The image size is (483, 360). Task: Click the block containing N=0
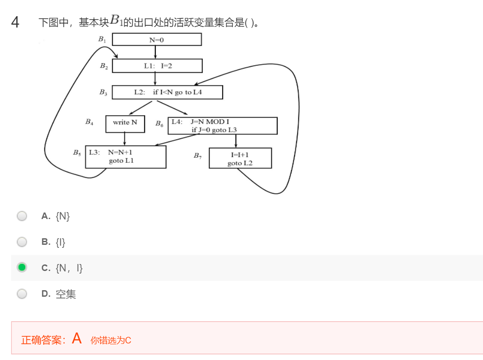157,40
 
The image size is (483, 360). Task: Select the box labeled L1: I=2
157,66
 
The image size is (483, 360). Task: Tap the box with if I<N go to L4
167,93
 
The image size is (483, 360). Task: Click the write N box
125,123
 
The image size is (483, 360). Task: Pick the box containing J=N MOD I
223,126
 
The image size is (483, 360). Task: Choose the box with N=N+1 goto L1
126,157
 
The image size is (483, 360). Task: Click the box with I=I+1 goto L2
240,158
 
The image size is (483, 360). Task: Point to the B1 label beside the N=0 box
102,39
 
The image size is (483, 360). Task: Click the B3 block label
103,93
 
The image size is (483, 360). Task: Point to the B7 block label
198,156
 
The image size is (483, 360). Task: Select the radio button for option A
22,216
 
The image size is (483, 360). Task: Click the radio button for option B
22,242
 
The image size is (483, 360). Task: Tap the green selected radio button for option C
22,267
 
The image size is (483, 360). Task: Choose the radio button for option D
22,294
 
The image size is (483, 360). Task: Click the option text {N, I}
69,268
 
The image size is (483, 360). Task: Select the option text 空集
66,294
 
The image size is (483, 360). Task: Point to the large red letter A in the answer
77,338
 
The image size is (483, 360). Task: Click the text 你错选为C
111,340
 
